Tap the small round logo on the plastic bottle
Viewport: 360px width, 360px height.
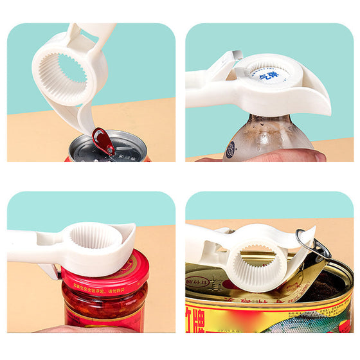230,149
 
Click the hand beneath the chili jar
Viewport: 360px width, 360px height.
77,329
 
